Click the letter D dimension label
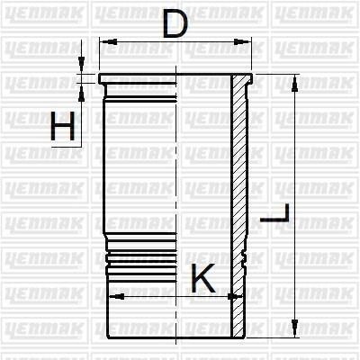click(175, 24)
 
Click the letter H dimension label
click(62, 126)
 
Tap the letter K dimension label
click(203, 278)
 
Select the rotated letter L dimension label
click(274, 213)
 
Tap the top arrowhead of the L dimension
click(294, 83)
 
